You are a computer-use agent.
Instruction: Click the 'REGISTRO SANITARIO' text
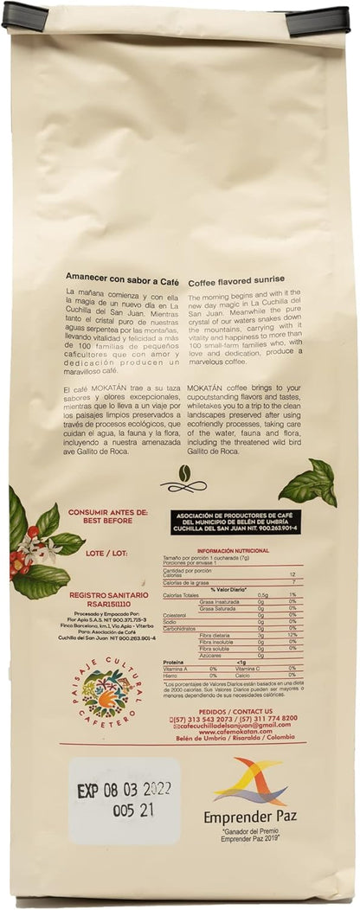tap(107, 594)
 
